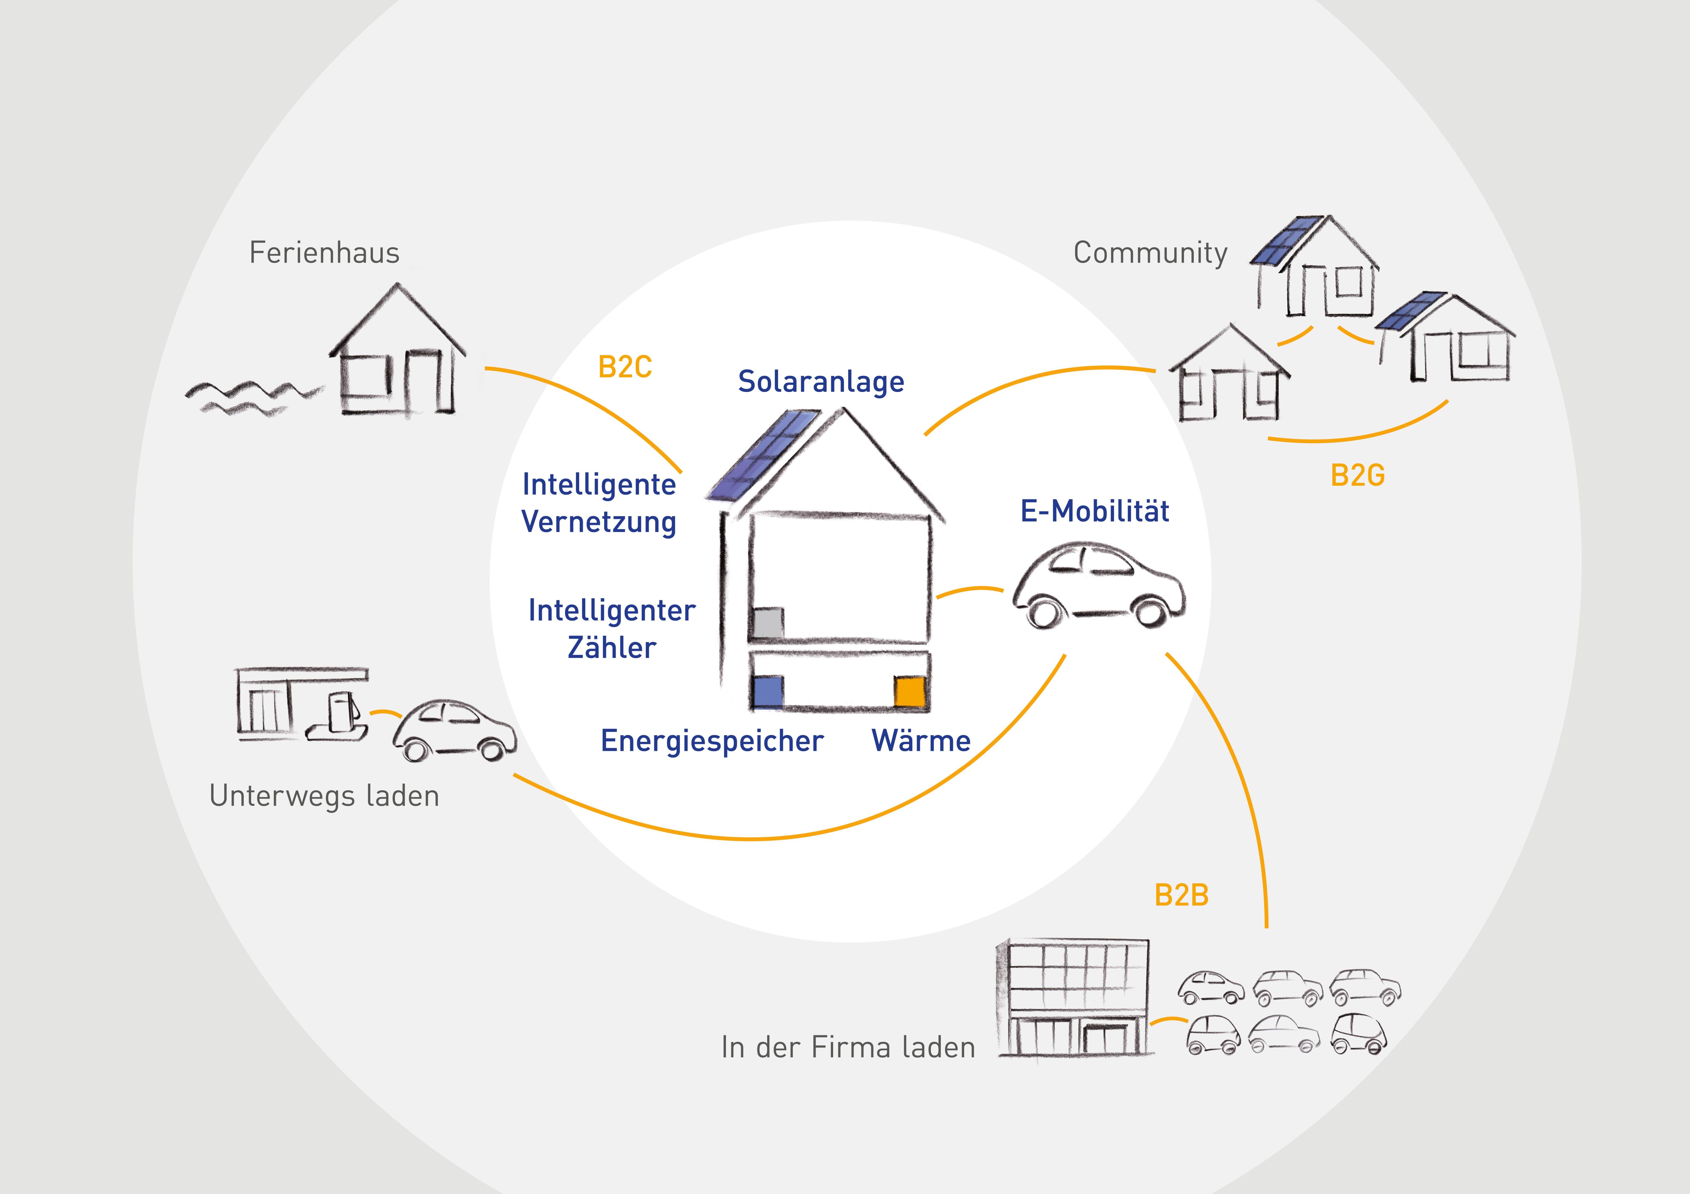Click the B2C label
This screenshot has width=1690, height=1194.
coord(625,367)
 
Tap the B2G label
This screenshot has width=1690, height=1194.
coord(1357,476)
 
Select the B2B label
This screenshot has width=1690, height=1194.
coord(1181,895)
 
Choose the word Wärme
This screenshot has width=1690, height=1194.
coord(921,741)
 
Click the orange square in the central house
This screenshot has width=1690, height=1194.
coord(909,692)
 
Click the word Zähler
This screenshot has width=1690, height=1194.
coord(612,648)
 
